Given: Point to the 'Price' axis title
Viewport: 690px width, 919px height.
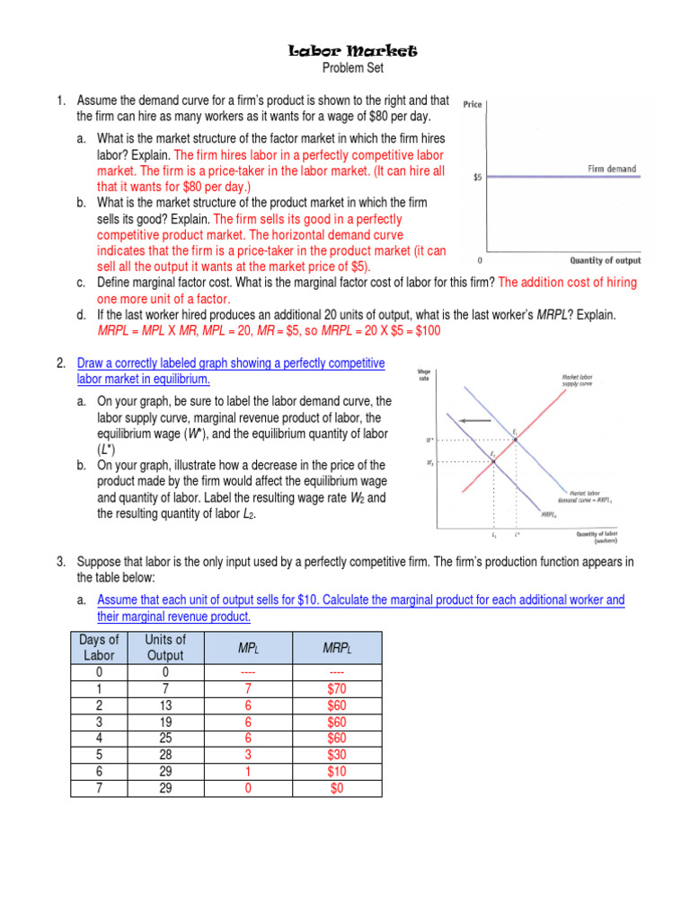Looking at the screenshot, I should point(473,105).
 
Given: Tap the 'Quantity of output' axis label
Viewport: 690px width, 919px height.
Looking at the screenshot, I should point(606,261).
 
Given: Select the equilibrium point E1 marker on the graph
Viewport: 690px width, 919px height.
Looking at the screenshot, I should point(515,439).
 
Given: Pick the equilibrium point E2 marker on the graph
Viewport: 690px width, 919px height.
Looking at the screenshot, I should point(493,461).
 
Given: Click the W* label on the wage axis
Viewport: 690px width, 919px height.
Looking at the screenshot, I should point(430,441).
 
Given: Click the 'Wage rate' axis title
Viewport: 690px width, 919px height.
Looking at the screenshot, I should point(424,374).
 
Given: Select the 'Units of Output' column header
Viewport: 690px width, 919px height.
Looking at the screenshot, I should point(165,647).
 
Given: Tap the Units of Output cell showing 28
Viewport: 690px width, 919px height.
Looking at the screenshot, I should point(165,756).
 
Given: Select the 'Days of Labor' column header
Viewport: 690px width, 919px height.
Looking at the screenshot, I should point(99,647).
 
